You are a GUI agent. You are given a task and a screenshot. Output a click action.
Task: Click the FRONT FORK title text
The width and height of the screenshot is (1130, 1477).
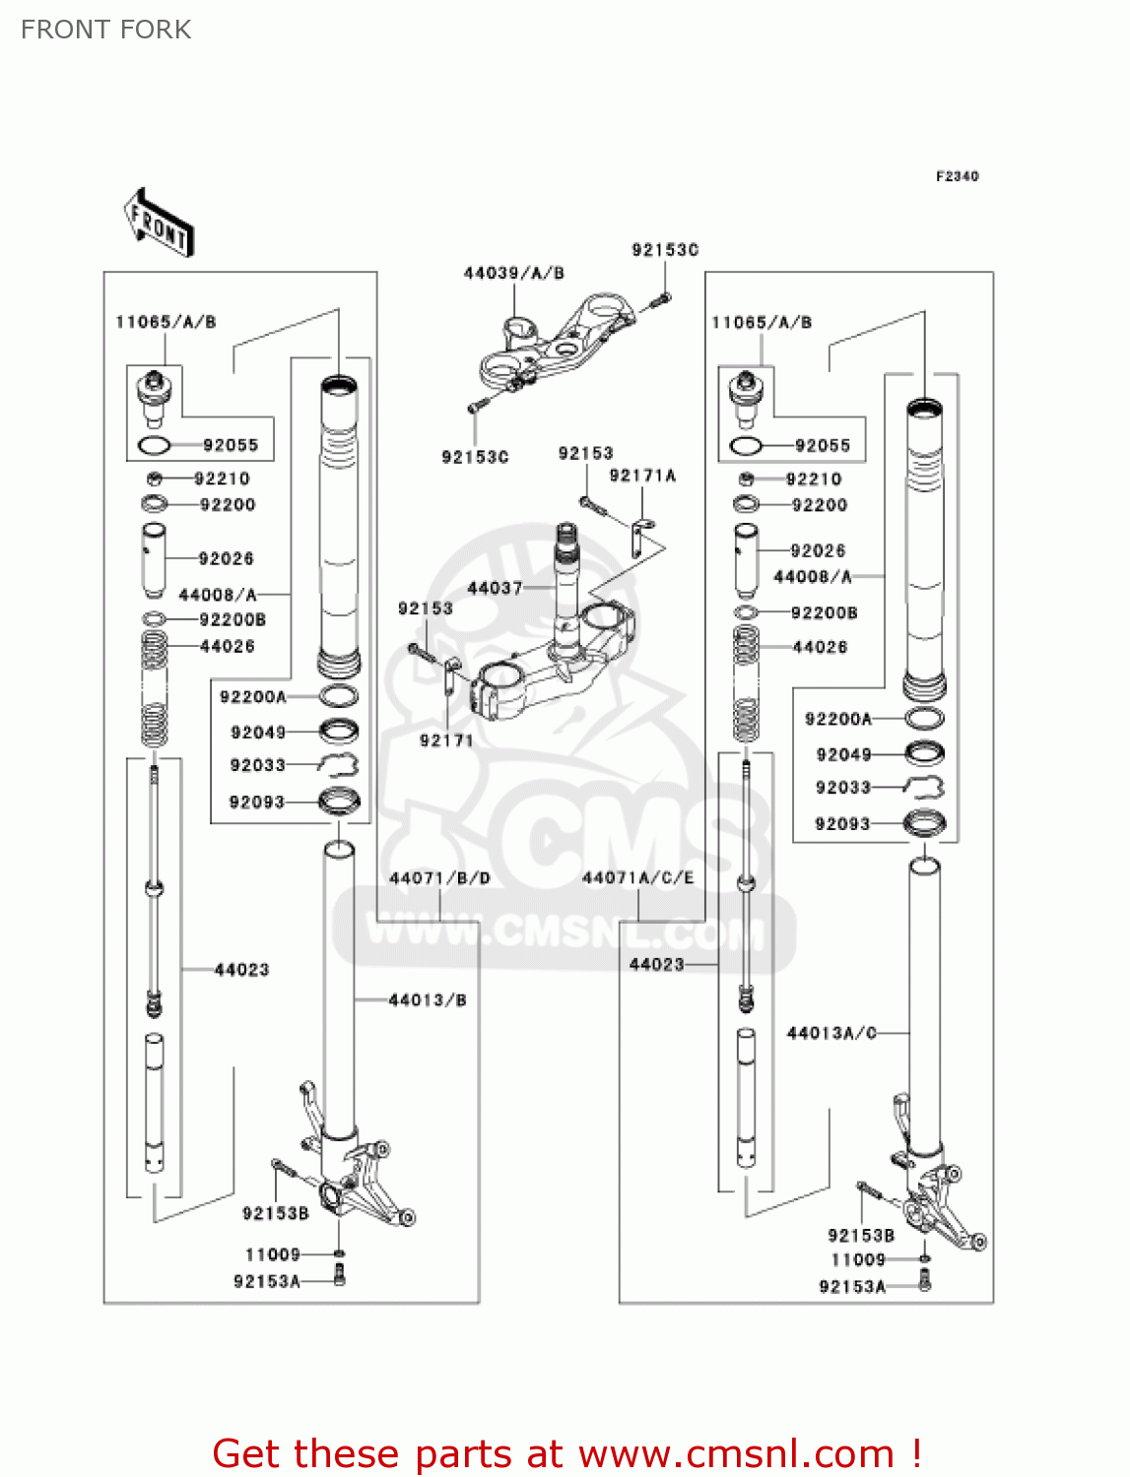pyautogui.click(x=105, y=30)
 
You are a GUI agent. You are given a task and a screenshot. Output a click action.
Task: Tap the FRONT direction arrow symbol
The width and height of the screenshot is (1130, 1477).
pyautogui.click(x=159, y=223)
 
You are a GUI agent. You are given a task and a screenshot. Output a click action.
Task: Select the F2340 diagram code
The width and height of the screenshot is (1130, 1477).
pyautogui.click(x=957, y=176)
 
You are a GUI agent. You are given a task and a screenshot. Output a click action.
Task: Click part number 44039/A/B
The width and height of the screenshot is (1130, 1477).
pyautogui.click(x=513, y=273)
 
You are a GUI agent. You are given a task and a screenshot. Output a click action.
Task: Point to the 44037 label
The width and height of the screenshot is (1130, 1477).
pyautogui.click(x=495, y=588)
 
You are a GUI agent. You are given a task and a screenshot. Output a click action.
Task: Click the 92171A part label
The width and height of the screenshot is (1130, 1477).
pyautogui.click(x=642, y=476)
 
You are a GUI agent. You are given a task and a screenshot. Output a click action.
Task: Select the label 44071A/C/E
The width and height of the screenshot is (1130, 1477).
pyautogui.click(x=637, y=877)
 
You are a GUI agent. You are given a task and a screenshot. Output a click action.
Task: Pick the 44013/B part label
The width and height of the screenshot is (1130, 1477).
pyautogui.click(x=428, y=999)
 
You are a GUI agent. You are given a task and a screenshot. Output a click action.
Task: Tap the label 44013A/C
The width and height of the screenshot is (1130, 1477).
pyautogui.click(x=831, y=1032)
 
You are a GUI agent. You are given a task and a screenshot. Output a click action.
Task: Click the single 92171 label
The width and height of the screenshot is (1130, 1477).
pyautogui.click(x=446, y=740)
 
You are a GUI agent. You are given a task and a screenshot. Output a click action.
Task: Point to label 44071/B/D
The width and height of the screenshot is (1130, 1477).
pyautogui.click(x=439, y=878)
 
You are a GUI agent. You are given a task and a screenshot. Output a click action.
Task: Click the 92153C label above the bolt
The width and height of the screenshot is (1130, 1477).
pyautogui.click(x=665, y=250)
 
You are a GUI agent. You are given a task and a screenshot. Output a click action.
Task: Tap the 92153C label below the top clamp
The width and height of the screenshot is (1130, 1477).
pyautogui.click(x=475, y=457)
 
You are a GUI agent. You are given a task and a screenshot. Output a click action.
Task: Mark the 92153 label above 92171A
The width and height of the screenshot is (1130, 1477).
pyautogui.click(x=585, y=454)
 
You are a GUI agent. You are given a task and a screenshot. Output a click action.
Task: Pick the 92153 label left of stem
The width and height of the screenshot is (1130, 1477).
pyautogui.click(x=426, y=609)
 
